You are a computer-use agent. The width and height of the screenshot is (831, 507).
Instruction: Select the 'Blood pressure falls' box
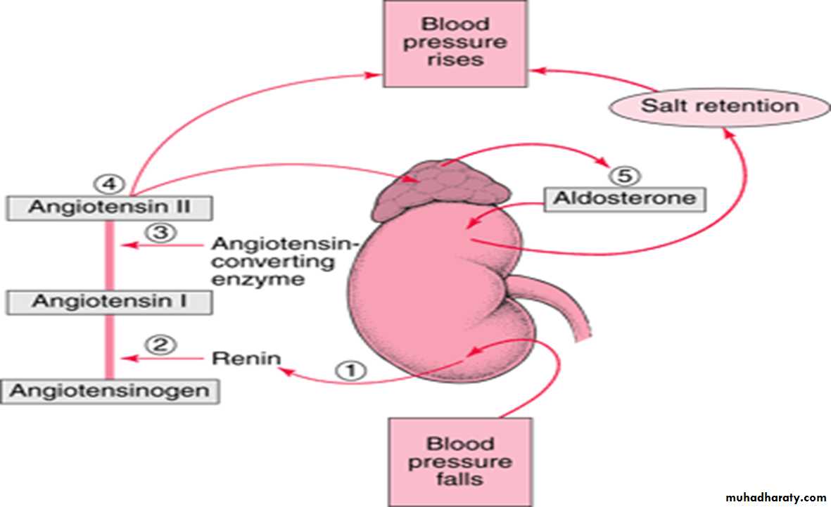pos(460,461)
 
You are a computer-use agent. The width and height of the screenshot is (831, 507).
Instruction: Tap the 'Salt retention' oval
pos(719,106)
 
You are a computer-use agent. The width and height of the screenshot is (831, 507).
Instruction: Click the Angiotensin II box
pos(109,207)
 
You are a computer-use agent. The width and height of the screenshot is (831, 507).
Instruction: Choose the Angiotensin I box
pos(109,302)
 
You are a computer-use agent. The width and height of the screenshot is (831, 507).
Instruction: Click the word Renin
pos(246,359)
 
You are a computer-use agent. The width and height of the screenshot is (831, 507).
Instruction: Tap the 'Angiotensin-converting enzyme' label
pos(285,262)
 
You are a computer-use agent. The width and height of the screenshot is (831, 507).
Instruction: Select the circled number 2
pos(160,345)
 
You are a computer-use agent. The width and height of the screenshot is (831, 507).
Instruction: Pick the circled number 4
pos(109,184)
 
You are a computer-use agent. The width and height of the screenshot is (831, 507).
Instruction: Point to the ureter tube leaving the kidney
pos(556,302)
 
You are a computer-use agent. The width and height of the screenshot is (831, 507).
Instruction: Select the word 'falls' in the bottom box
pos(460,480)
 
